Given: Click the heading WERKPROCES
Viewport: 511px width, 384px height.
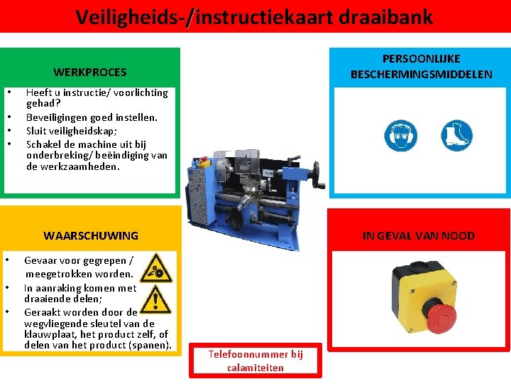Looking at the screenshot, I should [x=90, y=72].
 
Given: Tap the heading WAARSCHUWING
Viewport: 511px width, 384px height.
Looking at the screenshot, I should [x=91, y=236].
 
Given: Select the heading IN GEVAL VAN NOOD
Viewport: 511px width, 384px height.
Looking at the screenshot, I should [x=419, y=236].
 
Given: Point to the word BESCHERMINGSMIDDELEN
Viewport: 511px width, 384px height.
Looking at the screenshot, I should [x=422, y=74].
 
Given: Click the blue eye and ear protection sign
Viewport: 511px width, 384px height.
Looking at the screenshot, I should [x=400, y=135].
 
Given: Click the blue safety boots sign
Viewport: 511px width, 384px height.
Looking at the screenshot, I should [x=456, y=135].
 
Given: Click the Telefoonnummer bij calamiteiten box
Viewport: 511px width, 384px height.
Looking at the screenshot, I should [x=255, y=361].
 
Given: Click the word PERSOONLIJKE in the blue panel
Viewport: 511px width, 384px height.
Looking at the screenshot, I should [x=422, y=59].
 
